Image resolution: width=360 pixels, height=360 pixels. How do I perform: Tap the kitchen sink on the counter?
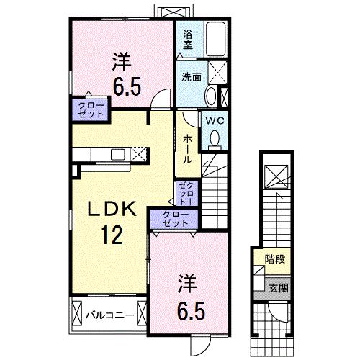tap(114, 153)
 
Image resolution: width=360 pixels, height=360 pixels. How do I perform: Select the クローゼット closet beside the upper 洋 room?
tap(90, 110)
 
